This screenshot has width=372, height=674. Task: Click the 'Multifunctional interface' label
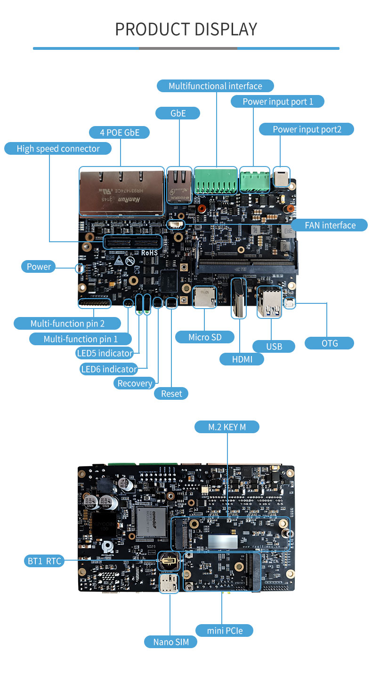coord(215,86)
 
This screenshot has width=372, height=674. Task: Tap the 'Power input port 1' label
coord(277,102)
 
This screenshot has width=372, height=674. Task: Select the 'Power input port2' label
coord(307,129)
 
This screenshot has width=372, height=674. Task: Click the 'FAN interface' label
coord(330,225)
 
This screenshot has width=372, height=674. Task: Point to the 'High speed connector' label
coord(58,149)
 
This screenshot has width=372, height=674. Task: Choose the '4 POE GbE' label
coord(120,133)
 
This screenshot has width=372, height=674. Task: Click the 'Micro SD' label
coord(204,337)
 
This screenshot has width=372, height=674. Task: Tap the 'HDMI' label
coord(242,359)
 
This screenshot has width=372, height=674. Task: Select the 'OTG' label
coord(330,343)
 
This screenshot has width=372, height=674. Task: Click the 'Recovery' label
coord(135,383)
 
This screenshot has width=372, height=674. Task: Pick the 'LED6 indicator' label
coord(109,369)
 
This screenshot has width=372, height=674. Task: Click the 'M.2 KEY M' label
coord(227,427)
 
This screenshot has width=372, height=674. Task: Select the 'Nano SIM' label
coord(171,642)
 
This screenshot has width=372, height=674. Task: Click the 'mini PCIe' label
coord(225,630)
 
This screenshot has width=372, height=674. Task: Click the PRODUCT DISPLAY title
coord(186,29)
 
